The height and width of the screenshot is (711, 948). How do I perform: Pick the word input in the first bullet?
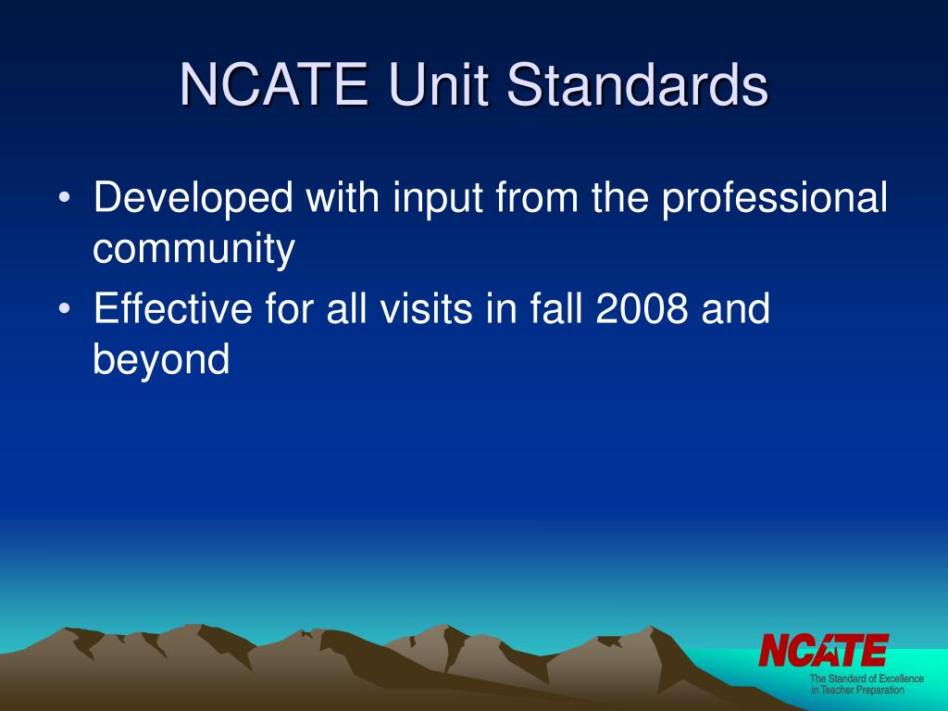(427, 199)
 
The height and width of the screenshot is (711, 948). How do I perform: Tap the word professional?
(774, 199)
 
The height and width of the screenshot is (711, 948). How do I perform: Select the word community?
(194, 251)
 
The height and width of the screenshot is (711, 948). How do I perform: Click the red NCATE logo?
(823, 650)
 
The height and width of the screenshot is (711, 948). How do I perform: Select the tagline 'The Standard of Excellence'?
(867, 679)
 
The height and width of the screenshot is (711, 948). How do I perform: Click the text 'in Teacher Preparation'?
(857, 691)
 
